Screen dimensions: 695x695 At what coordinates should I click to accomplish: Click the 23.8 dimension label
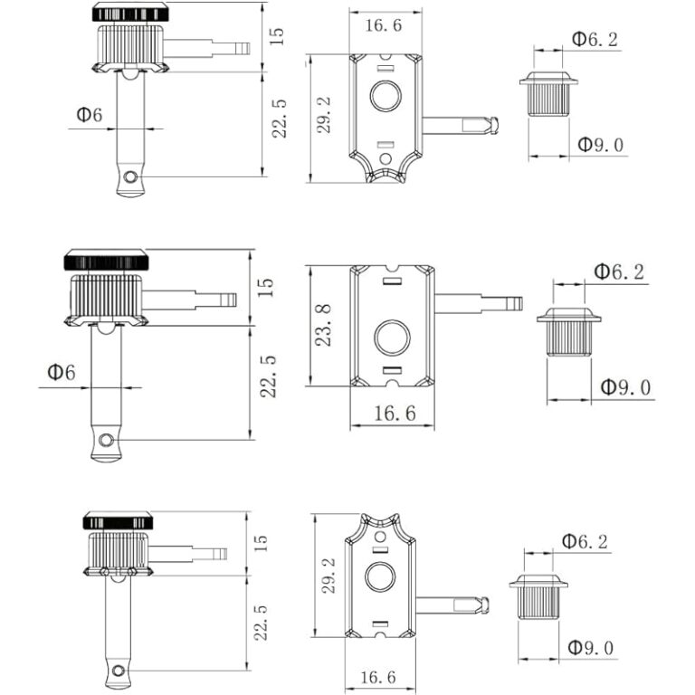click(x=325, y=325)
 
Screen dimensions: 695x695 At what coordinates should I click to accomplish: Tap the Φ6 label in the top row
click(x=90, y=115)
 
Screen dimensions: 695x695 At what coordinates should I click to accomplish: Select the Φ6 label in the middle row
click(x=62, y=373)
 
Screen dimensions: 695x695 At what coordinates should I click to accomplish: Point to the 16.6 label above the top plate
click(x=384, y=25)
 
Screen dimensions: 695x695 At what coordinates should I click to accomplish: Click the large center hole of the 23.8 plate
click(x=392, y=337)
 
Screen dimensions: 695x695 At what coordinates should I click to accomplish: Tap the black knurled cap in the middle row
click(x=106, y=261)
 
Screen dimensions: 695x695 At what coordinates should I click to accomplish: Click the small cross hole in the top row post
click(x=132, y=176)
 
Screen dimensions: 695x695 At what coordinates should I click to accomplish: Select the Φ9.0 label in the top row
click(x=601, y=145)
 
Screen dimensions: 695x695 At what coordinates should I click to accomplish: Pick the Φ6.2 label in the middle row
click(x=619, y=271)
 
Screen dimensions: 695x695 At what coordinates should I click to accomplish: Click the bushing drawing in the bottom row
click(x=538, y=595)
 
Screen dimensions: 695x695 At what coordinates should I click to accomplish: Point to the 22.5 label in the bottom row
click(x=262, y=623)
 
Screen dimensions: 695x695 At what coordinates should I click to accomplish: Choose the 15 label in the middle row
click(x=264, y=287)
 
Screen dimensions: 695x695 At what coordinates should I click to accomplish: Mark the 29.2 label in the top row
click(x=323, y=117)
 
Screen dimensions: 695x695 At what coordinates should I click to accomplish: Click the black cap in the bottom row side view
click(x=118, y=521)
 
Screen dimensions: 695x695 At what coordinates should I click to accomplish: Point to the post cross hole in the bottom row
click(x=119, y=671)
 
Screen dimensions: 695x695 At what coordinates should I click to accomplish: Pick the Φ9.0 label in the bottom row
click(x=590, y=648)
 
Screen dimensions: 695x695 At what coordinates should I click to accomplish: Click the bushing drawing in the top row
click(x=548, y=94)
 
